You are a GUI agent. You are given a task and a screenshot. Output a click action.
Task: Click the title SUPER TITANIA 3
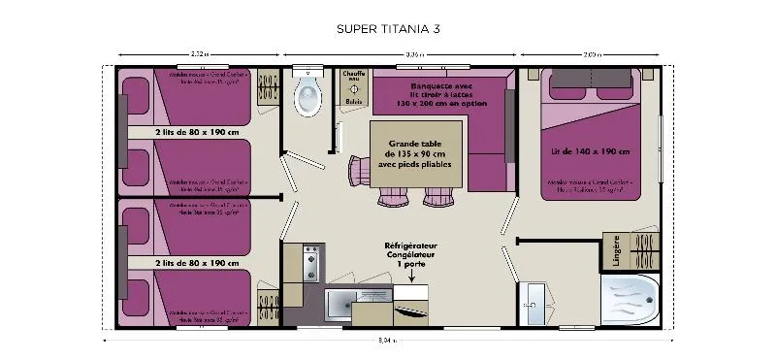pyautogui.click(x=387, y=28)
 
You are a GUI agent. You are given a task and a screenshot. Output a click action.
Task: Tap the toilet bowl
pyautogui.click(x=308, y=95)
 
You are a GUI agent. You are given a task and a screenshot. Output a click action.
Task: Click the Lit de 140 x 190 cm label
pyautogui.click(x=590, y=151)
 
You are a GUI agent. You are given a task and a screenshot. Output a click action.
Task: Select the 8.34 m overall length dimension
pyautogui.click(x=387, y=341)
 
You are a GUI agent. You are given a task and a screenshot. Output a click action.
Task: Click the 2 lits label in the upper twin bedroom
pyautogui.click(x=197, y=132)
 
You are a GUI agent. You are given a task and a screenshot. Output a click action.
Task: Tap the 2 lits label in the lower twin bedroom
pyautogui.click(x=197, y=263)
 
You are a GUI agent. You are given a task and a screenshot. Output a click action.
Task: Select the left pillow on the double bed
pyautogui.click(x=568, y=85)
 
